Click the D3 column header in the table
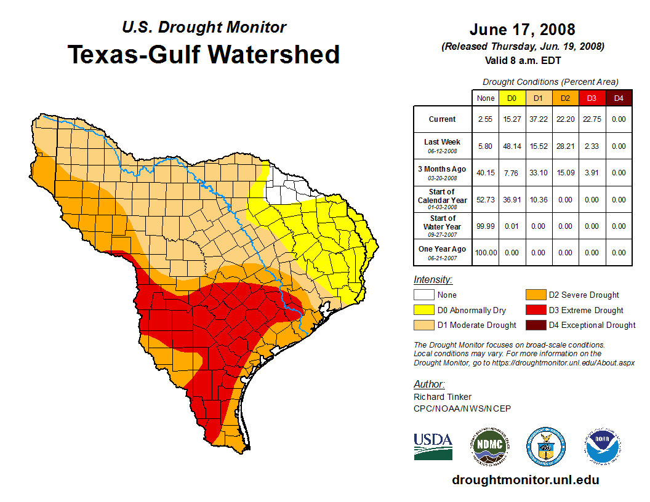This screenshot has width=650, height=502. tap(592, 98)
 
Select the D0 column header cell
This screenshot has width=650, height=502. tap(512, 98)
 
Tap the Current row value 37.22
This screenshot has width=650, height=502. tap(539, 119)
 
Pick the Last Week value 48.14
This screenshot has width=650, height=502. tap(512, 146)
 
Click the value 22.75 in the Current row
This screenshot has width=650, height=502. tap(592, 119)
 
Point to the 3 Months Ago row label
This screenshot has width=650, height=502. tap(443, 173)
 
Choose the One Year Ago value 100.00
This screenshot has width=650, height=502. tap(485, 253)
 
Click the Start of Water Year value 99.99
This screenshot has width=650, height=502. tap(485, 226)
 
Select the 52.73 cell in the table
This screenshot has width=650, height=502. tap(485, 200)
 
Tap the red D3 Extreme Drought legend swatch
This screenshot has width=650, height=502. tap(536, 310)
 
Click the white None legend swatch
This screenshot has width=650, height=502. tap(424, 295)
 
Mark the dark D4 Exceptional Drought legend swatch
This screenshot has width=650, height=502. tap(536, 325)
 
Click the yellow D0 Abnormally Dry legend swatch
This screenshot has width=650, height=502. tap(424, 310)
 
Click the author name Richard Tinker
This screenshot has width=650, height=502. tap(443, 397)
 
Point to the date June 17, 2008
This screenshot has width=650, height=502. tap(522, 30)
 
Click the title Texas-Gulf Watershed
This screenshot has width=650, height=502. tap(204, 54)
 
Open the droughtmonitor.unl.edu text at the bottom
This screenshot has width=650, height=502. tap(525, 480)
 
